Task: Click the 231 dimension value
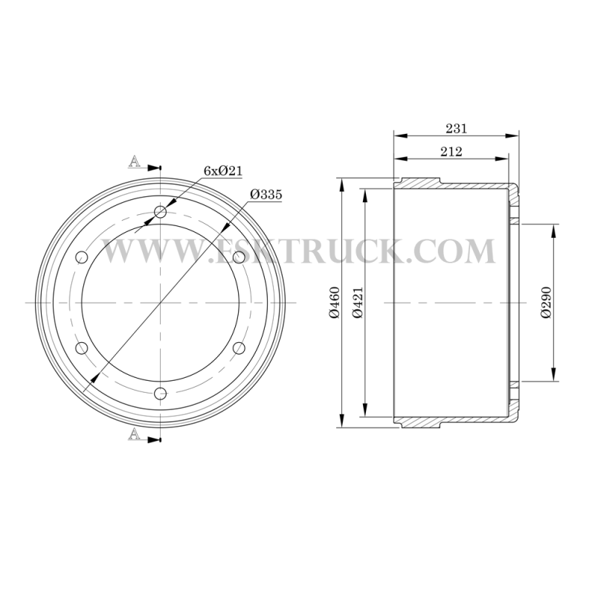coord(456,129)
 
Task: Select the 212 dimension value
coord(451,152)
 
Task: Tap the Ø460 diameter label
coord(334,303)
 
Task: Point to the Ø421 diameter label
coord(358,303)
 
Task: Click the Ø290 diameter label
coord(546,303)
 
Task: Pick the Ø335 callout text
coord(266,195)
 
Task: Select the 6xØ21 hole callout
coord(223,171)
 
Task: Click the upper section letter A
coord(134,161)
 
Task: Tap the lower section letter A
coord(134,434)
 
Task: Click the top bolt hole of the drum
coord(161,212)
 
